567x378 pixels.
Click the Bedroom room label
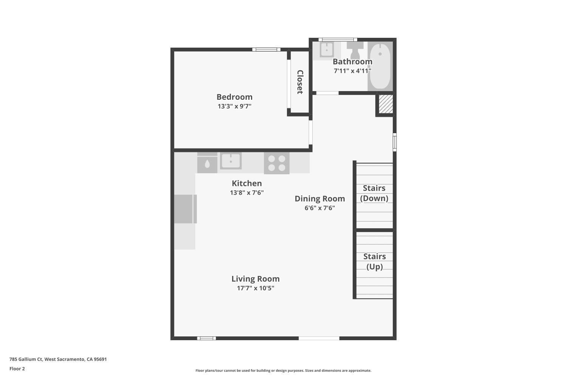234,97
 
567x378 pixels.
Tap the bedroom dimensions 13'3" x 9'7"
234,106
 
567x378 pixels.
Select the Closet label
300,82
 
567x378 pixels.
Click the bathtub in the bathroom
380,67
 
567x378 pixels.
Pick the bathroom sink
326,50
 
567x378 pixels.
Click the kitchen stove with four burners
277,163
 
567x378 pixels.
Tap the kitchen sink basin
231,161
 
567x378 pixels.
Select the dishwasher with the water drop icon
207,164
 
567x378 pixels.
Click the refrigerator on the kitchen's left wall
185,209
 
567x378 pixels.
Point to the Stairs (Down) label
374,193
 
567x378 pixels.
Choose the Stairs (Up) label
375,262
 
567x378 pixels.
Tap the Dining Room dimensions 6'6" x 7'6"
320,208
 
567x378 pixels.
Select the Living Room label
256,279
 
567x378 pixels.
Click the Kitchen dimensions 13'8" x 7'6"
247,193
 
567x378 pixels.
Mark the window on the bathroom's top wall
338,39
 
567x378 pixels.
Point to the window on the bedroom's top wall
266,49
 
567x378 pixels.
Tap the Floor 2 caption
17,369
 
